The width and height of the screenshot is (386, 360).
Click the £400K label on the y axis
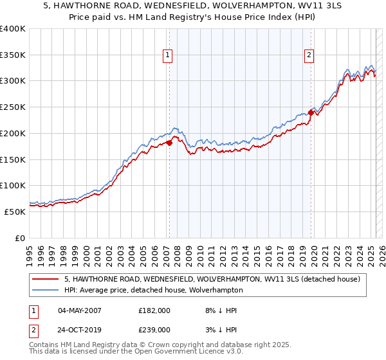click(13, 29)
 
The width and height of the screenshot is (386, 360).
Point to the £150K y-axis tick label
click(13, 159)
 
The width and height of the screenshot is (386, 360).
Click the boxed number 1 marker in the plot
click(167, 56)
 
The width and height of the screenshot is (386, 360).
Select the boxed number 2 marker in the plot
click(309, 56)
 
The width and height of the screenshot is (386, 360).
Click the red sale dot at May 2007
click(170, 143)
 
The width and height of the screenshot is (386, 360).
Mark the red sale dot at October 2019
click(311, 113)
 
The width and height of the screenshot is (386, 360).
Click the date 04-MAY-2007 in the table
click(79, 310)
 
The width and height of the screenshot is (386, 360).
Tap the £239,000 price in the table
click(154, 329)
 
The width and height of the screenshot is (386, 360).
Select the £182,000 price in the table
click(154, 310)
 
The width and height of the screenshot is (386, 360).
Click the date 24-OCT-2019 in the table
click(80, 329)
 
